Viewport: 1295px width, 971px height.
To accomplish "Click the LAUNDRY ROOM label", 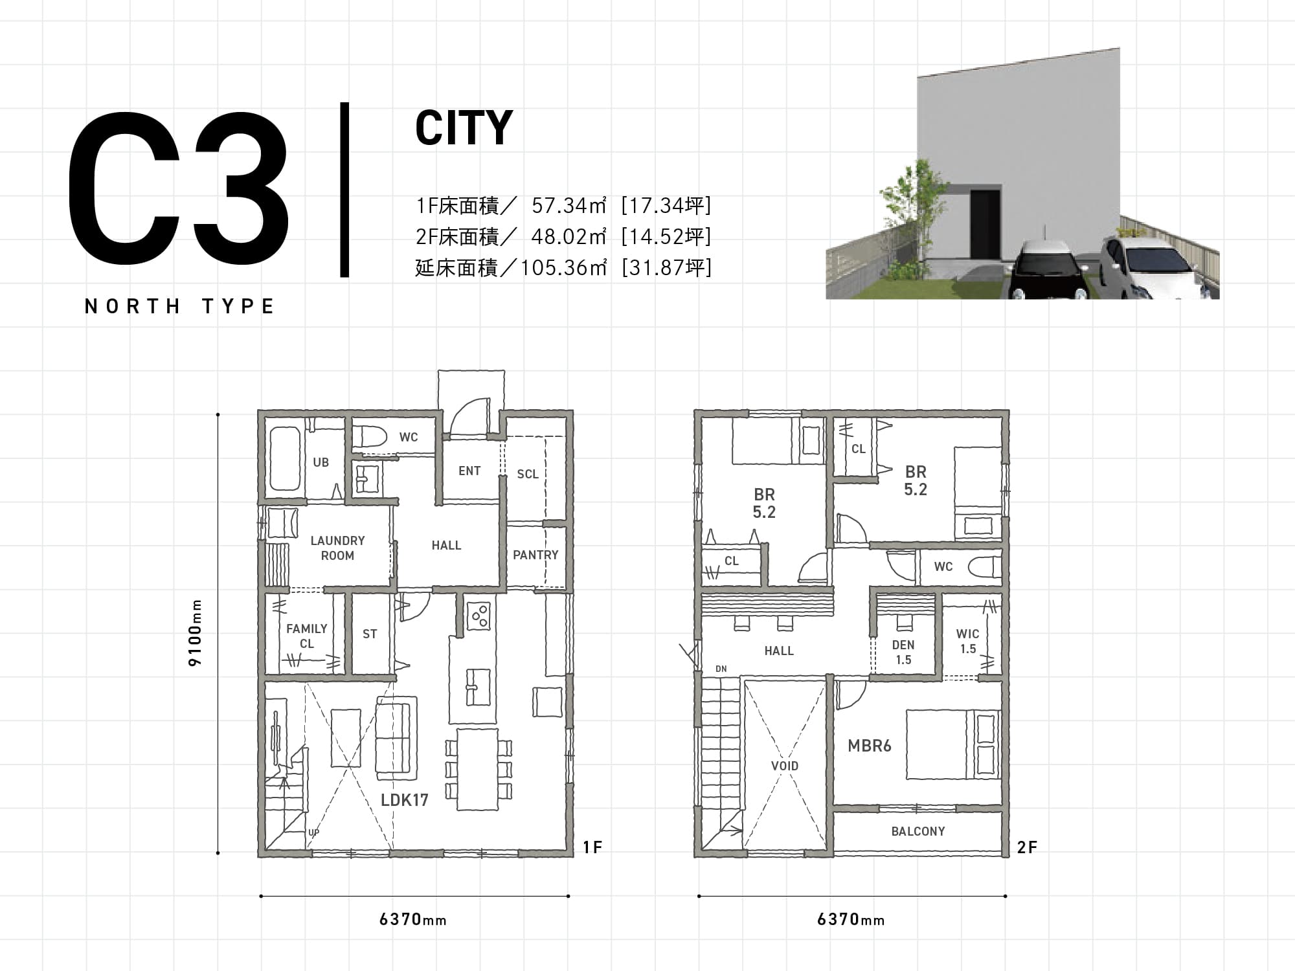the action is [x=337, y=548].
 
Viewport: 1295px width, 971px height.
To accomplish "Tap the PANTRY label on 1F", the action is [x=535, y=555].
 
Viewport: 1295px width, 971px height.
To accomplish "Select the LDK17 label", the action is [x=405, y=800].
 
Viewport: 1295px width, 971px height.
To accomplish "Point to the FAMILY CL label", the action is [x=307, y=636].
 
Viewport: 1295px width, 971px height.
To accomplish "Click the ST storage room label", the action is [x=370, y=634].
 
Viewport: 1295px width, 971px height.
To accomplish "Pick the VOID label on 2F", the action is [x=785, y=766].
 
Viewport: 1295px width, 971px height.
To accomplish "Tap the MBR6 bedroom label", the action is [x=870, y=746].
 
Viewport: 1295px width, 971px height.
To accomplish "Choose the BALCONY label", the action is [x=918, y=831].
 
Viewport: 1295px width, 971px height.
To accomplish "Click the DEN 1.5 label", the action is [x=903, y=652].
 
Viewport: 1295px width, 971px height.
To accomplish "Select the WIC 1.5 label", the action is [x=968, y=641].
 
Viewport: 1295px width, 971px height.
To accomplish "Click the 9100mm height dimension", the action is [x=196, y=633].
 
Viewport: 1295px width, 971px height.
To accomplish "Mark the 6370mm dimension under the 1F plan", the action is [x=413, y=919].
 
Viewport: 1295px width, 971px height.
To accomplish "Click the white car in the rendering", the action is [x=1159, y=267].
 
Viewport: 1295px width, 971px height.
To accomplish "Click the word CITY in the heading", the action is [x=464, y=128].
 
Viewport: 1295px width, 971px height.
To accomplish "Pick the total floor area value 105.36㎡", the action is [x=563, y=267].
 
